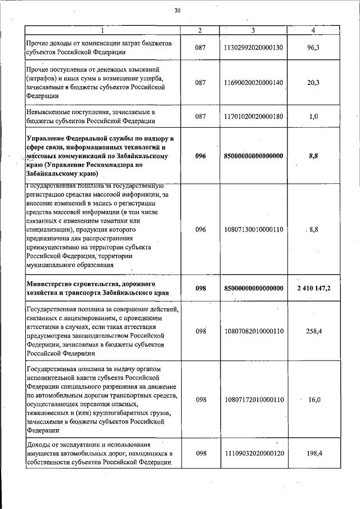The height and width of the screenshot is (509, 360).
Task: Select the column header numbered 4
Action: [313, 30]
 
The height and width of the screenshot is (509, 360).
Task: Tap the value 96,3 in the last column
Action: [313, 48]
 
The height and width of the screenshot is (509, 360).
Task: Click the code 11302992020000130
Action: [253, 48]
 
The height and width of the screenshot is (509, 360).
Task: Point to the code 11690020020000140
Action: [253, 82]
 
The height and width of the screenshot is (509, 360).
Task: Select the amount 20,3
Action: [313, 82]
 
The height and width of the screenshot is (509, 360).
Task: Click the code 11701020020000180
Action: [253, 116]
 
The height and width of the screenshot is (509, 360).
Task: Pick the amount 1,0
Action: [313, 116]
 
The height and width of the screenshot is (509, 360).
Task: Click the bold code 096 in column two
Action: [201, 157]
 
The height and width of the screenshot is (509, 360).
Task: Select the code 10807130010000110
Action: [253, 229]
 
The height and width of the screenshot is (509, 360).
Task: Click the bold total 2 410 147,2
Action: [313, 288]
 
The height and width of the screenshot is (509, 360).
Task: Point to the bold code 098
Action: [201, 288]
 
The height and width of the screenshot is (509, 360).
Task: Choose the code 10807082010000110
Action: [253, 331]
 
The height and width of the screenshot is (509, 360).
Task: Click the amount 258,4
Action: [313, 331]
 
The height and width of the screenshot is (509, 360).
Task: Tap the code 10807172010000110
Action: [253, 399]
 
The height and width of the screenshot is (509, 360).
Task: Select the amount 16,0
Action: [313, 399]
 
